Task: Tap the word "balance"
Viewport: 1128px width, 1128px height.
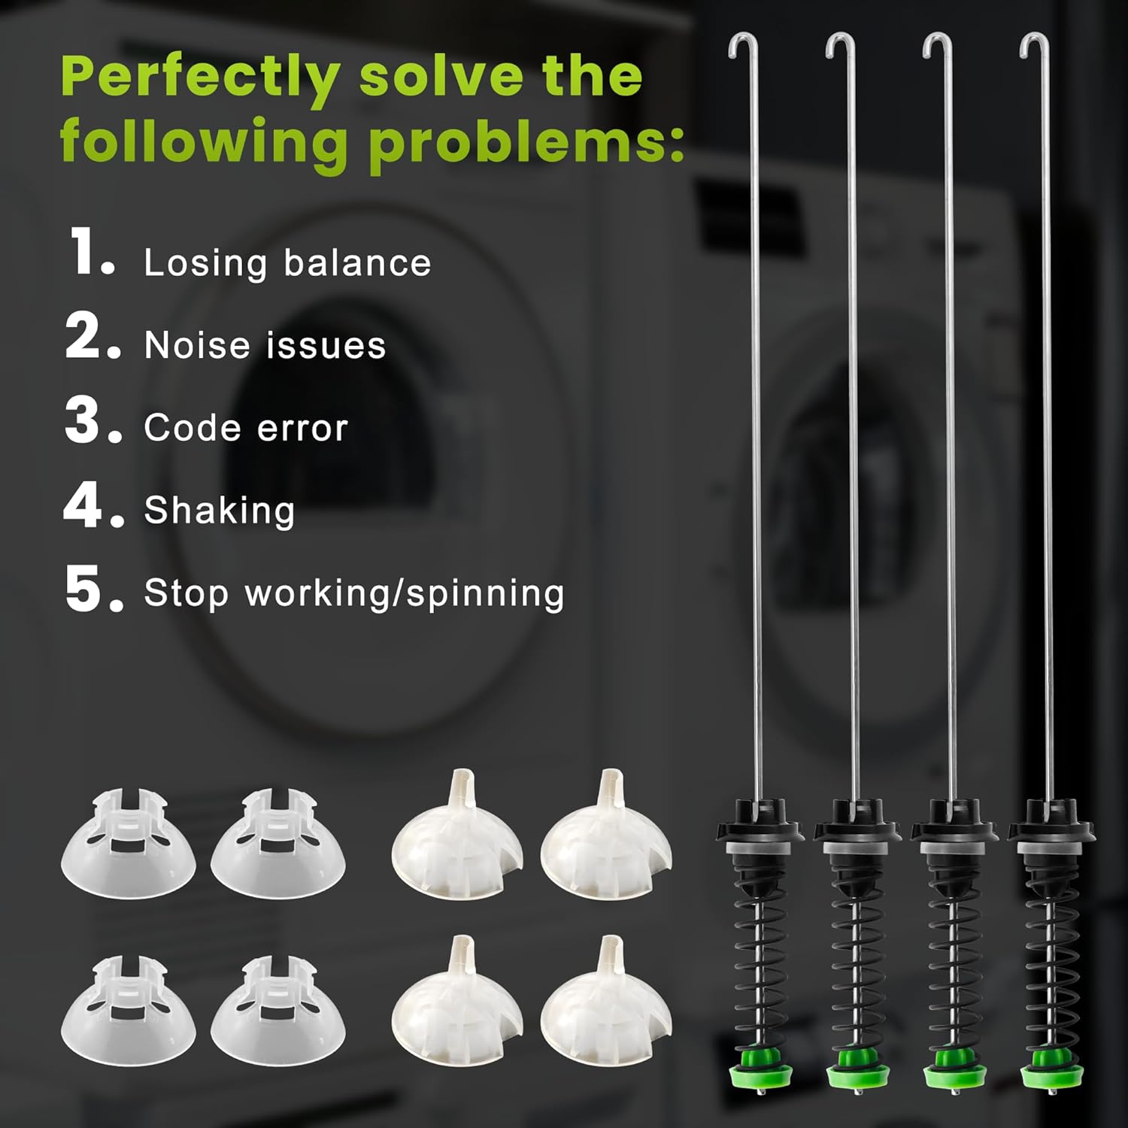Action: click(358, 262)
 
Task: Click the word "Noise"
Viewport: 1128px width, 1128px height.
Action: click(197, 345)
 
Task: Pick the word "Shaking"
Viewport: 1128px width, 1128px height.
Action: click(220, 511)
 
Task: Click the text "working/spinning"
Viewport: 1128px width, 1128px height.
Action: click(405, 593)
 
